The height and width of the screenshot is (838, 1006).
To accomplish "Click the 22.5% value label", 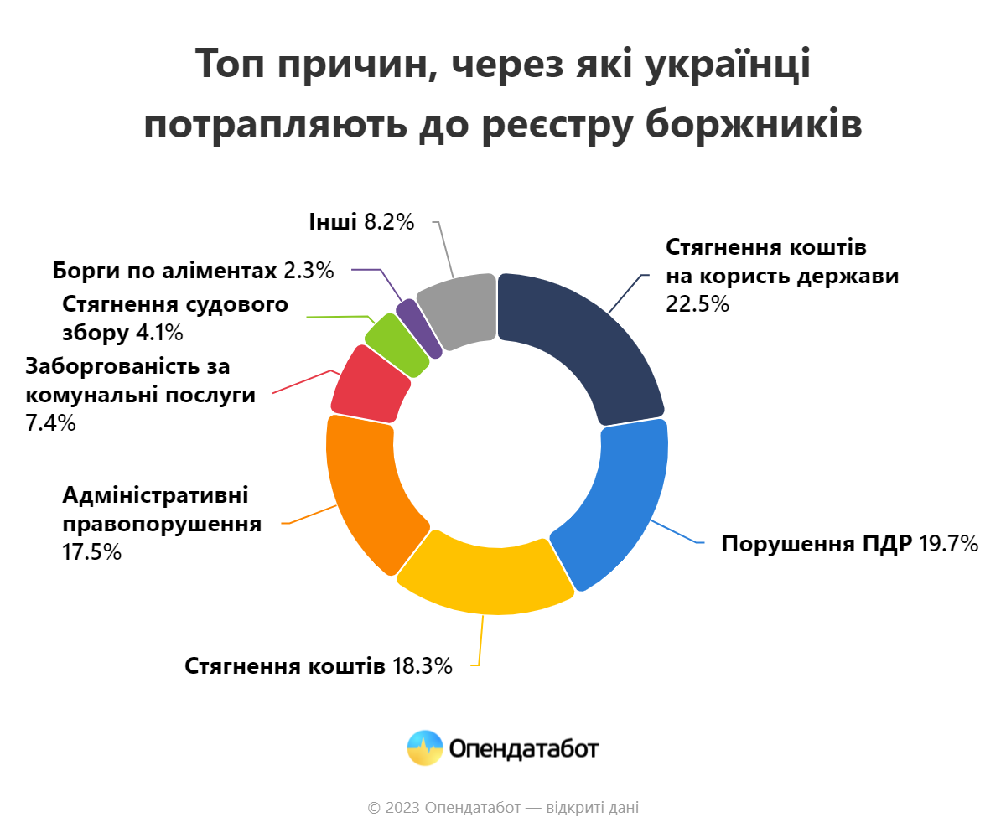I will tap(697, 303).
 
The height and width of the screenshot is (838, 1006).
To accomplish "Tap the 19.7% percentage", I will tap(949, 545).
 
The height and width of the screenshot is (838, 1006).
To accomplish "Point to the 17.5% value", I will tap(92, 553).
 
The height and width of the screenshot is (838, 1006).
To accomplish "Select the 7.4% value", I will tap(51, 423).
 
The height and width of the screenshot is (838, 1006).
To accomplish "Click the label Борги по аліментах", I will tap(164, 271).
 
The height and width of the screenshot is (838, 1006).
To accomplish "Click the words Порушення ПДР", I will tap(817, 545).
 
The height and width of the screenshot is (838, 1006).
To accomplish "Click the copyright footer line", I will tap(503, 809).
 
